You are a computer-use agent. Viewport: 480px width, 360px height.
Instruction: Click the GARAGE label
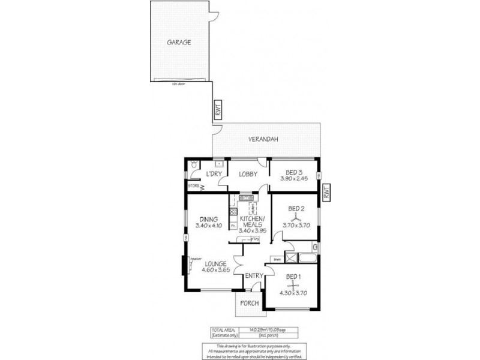click(x=179, y=43)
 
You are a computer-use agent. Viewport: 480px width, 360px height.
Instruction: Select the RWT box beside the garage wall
click(x=218, y=112)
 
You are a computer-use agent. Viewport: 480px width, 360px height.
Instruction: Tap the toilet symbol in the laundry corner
click(x=194, y=164)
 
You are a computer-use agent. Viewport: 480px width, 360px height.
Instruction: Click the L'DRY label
click(x=214, y=174)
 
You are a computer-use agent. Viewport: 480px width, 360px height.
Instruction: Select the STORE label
click(x=193, y=187)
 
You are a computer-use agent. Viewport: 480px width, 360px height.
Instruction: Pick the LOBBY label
click(x=248, y=174)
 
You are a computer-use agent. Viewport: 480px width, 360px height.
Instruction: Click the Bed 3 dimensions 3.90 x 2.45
click(x=294, y=178)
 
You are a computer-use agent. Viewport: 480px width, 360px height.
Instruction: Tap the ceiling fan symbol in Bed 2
click(x=294, y=218)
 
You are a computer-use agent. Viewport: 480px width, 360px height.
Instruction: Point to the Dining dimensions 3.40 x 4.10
click(x=209, y=226)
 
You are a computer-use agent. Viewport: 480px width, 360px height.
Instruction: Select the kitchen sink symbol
click(x=245, y=197)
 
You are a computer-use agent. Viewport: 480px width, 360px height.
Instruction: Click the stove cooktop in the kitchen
click(x=233, y=211)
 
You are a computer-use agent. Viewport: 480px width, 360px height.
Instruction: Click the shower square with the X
click(x=292, y=258)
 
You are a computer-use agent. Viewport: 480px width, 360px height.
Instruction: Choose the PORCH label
click(x=249, y=303)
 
